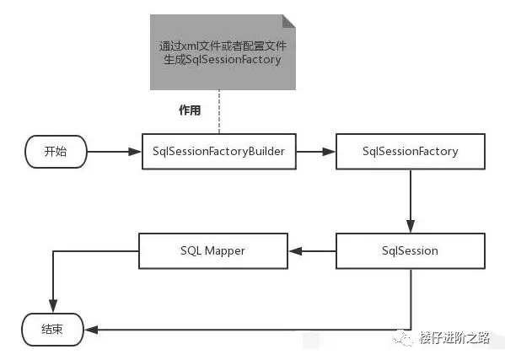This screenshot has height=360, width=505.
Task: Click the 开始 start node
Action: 55,152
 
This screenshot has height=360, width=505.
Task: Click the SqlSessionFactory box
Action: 410,152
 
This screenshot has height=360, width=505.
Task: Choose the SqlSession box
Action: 410,250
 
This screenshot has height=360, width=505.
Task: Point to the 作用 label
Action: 189,110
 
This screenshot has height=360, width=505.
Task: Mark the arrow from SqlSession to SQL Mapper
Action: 311,250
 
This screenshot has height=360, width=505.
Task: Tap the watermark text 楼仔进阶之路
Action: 455,338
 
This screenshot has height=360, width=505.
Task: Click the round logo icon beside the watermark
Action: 406,338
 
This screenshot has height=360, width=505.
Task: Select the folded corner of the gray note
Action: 288,22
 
